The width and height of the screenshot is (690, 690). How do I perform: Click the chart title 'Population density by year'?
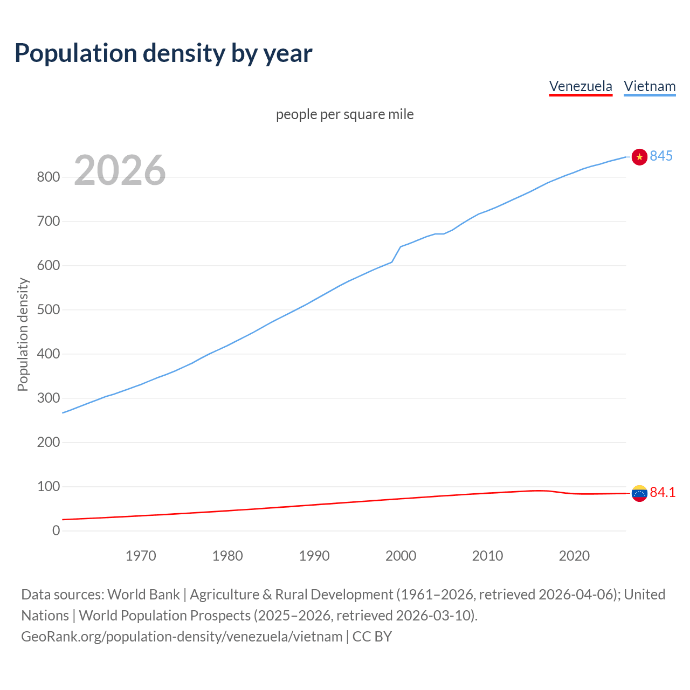(163, 53)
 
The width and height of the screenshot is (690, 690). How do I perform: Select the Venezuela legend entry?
(581, 86)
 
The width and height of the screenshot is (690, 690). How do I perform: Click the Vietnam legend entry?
(650, 86)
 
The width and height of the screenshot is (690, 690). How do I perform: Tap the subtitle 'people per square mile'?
(345, 114)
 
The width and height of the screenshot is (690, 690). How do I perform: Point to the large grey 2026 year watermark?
(120, 170)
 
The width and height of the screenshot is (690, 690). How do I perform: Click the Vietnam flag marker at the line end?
(639, 157)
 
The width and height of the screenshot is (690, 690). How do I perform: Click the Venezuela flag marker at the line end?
(639, 493)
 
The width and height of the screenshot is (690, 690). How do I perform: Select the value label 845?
(661, 156)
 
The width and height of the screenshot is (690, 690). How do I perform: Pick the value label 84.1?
(663, 492)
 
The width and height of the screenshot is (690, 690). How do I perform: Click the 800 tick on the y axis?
(48, 177)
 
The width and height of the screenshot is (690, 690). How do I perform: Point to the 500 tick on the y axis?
(48, 310)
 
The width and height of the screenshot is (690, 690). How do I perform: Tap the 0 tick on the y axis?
(56, 531)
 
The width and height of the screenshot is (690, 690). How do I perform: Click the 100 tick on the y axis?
(48, 487)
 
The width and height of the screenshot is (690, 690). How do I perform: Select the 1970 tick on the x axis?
(141, 556)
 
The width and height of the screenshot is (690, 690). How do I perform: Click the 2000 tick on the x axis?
(401, 556)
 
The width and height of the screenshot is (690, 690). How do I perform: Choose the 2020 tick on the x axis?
(574, 556)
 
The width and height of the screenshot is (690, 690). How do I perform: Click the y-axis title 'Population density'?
(23, 334)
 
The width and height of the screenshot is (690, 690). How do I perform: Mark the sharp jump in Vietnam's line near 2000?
(396, 254)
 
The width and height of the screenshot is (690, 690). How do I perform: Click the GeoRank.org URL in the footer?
(182, 637)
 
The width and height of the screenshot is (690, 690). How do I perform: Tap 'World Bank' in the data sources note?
(143, 595)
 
